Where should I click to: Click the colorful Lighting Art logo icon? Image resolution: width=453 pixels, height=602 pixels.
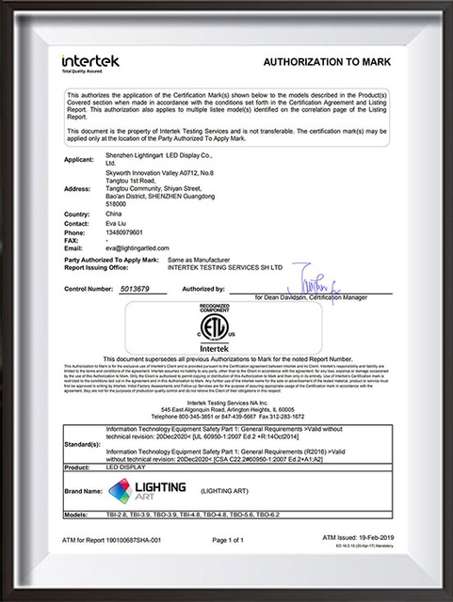click(x=121, y=489)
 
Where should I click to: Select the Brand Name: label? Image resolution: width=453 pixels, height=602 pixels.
click(x=84, y=491)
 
